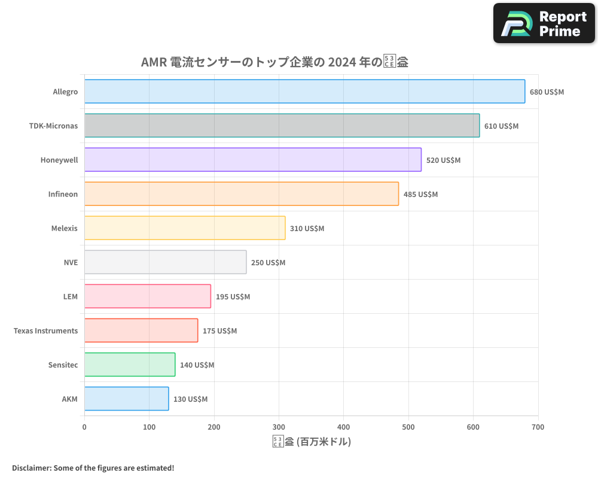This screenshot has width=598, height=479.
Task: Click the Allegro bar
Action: pyautogui.click(x=304, y=92)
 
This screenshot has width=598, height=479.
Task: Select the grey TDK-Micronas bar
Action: pyautogui.click(x=282, y=126)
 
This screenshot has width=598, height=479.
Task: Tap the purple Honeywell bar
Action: pyautogui.click(x=252, y=160)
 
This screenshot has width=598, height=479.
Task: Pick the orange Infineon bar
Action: pyautogui.click(x=241, y=194)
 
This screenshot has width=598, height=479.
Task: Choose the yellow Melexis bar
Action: pyautogui.click(x=185, y=228)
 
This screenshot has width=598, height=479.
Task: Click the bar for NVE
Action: pyautogui.click(x=165, y=262)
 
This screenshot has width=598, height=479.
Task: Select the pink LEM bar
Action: pyautogui.click(x=147, y=296)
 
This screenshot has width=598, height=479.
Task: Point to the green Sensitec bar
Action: pyautogui.click(x=130, y=365)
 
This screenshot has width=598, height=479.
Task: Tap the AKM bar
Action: pyautogui.click(x=126, y=399)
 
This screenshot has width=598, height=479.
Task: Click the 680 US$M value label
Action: pyautogui.click(x=547, y=92)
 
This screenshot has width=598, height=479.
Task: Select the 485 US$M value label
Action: pyautogui.click(x=420, y=195)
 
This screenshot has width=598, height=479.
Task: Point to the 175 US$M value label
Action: pyautogui.click(x=219, y=331)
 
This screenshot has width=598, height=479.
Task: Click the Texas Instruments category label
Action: pyautogui.click(x=45, y=331)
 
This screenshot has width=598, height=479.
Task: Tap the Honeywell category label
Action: pyautogui.click(x=59, y=160)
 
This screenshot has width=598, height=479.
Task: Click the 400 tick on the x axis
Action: pyautogui.click(x=343, y=427)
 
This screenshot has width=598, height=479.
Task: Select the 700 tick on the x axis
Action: pyautogui.click(x=538, y=427)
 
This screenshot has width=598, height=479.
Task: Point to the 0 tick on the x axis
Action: pyautogui.click(x=84, y=427)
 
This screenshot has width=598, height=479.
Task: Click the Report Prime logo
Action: pyautogui.click(x=544, y=23)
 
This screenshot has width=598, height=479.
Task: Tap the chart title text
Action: pyautogui.click(x=274, y=62)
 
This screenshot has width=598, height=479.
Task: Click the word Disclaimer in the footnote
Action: pyautogui.click(x=31, y=468)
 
